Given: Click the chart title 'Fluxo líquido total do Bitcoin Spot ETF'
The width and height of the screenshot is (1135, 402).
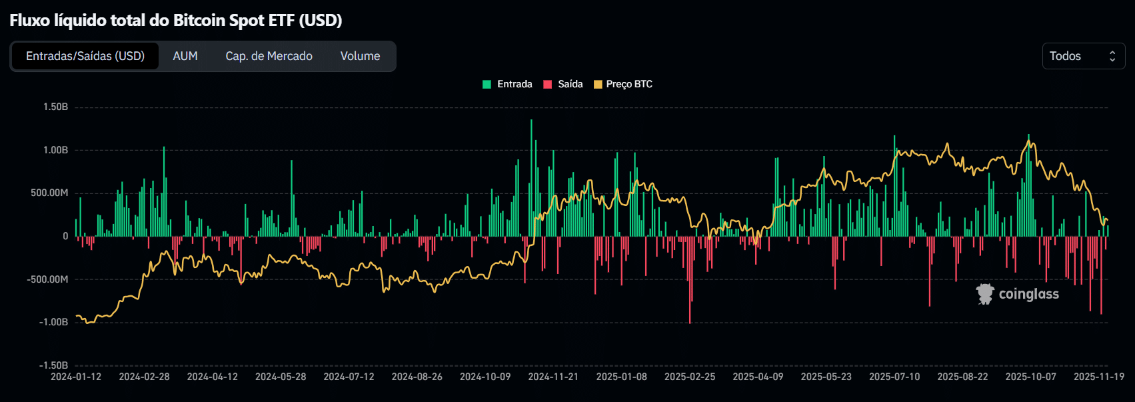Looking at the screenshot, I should (x=175, y=20).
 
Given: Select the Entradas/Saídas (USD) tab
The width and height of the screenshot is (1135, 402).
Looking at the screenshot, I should (x=85, y=56).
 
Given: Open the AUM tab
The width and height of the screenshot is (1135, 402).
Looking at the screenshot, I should (x=185, y=56).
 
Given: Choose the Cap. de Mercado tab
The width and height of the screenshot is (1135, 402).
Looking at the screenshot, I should (x=269, y=56).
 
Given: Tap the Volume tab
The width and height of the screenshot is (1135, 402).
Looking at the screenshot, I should (x=360, y=56).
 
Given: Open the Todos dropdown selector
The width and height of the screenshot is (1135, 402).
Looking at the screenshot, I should (x=1083, y=56).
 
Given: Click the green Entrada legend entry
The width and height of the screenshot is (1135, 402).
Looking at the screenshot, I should (x=507, y=84).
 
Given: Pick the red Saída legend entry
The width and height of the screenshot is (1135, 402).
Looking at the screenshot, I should (x=563, y=84).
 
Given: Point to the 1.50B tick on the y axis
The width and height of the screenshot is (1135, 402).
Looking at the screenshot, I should (x=55, y=107).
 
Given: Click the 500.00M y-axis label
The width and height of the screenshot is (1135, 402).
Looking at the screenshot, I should (x=49, y=193).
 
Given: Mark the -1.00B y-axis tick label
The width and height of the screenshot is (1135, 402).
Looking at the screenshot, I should (x=53, y=322).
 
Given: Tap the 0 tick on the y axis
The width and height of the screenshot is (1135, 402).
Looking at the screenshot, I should (x=65, y=236).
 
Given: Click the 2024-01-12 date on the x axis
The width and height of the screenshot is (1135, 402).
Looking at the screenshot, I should (x=76, y=377).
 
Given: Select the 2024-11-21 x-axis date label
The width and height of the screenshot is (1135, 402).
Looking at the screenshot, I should (x=553, y=377).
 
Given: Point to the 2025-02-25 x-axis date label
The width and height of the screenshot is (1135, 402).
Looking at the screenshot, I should (x=690, y=377).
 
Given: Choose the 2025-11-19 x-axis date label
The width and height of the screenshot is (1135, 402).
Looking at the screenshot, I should (x=1099, y=377).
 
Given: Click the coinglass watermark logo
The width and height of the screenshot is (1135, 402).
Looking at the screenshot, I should (x=1018, y=294).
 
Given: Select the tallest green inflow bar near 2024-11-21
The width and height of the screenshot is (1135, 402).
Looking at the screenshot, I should (x=531, y=177).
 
